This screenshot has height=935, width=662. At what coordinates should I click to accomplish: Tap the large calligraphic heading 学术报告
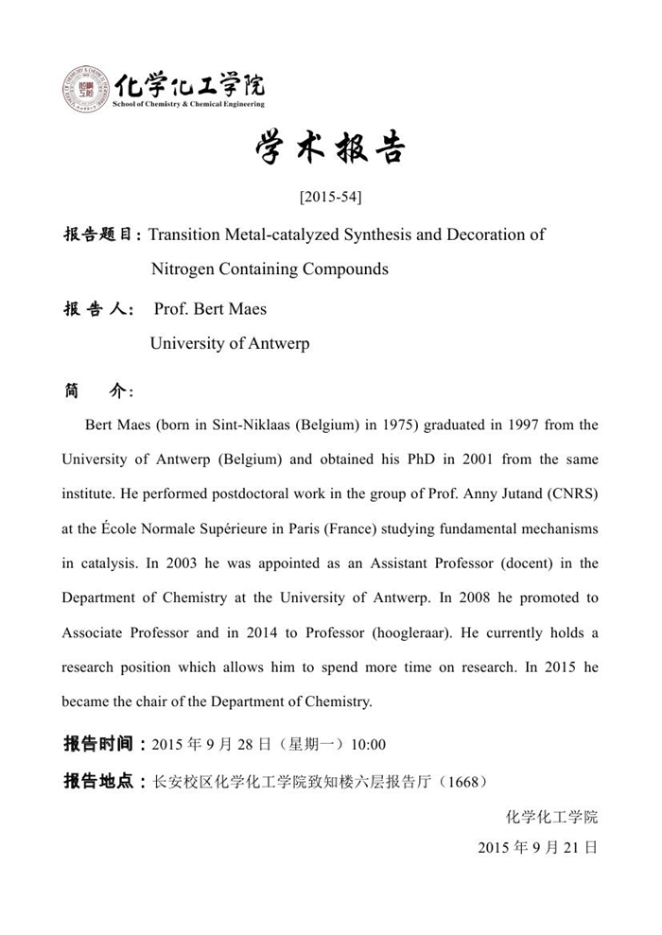pos(330,149)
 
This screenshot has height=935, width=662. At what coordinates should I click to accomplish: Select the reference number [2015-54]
pos(330,198)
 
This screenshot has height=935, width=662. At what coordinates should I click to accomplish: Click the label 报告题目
pos(101,234)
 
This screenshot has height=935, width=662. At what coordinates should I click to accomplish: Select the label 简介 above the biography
pos(98,391)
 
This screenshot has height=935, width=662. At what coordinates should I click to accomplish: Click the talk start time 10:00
pos(368,745)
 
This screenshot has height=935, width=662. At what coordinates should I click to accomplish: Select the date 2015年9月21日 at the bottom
pos(538,848)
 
